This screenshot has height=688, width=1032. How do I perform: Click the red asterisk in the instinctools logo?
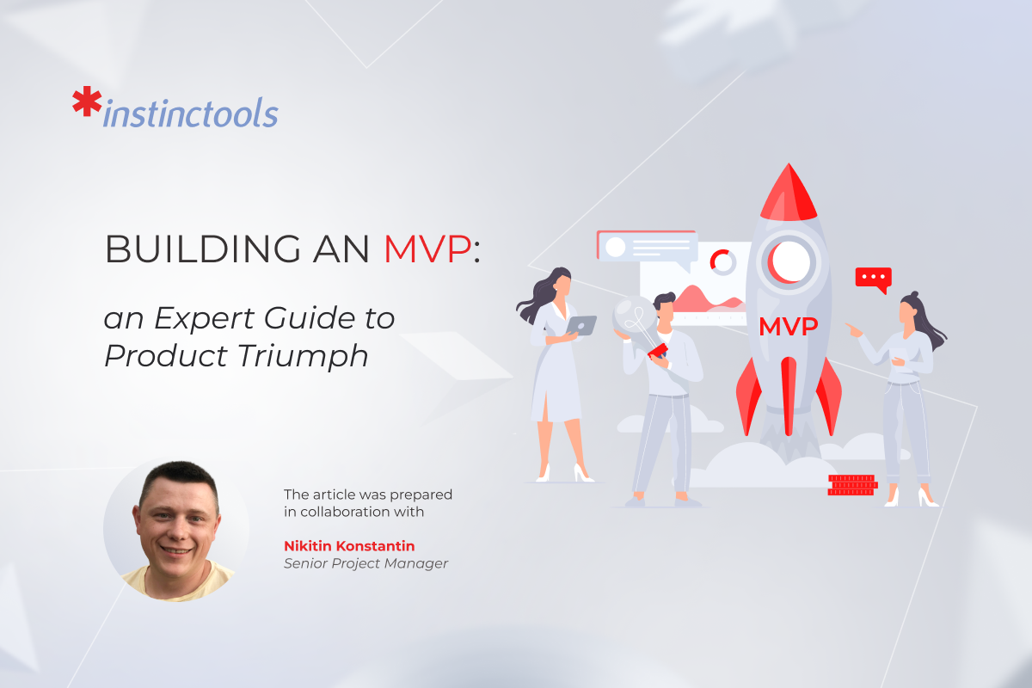click(86, 102)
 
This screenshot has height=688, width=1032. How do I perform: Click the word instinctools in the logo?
click(190, 114)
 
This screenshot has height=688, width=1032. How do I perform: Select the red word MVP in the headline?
click(427, 249)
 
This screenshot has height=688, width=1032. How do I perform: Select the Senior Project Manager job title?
click(365, 563)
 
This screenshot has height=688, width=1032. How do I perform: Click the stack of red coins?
click(851, 485)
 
